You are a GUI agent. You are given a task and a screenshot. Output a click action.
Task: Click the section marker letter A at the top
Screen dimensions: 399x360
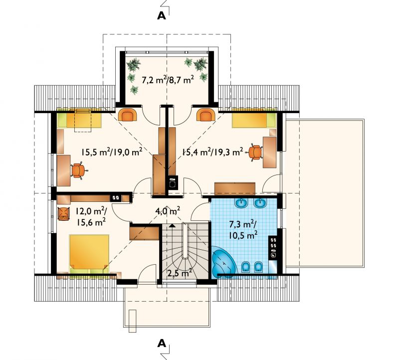(x=162, y=16)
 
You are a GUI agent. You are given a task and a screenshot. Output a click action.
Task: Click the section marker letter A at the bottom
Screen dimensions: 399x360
(x=162, y=344)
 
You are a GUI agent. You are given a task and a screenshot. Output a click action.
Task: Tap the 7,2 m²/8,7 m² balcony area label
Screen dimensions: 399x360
(x=168, y=80)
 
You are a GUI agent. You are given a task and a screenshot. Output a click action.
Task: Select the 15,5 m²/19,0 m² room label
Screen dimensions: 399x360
(x=112, y=152)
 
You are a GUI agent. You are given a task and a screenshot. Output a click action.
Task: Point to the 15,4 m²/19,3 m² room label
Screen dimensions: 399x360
(x=212, y=152)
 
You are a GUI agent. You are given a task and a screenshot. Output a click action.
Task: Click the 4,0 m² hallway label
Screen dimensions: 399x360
(x=168, y=211)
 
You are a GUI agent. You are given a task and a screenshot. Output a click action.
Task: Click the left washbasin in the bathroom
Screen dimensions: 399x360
(x=242, y=203)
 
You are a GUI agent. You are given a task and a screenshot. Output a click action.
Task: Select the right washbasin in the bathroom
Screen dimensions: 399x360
(x=260, y=203)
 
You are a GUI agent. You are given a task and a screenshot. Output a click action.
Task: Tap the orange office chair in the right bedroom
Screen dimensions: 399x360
(x=255, y=153)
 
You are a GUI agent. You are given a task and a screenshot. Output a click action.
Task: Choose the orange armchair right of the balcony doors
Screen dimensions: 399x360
(x=206, y=115)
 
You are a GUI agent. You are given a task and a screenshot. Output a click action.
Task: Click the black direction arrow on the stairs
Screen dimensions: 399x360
(x=172, y=225)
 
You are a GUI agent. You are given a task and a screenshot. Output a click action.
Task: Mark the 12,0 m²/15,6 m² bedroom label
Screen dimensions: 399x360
(x=91, y=216)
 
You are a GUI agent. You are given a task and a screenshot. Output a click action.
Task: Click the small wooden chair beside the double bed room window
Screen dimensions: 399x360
(x=63, y=214)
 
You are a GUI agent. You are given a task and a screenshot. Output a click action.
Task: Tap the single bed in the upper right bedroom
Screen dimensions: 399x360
(x=254, y=120)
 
